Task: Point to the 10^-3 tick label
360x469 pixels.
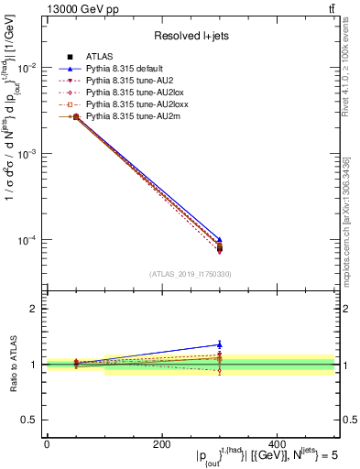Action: click(27, 154)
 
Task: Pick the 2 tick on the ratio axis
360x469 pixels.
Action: click(36, 309)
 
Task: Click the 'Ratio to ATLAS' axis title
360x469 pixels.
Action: click(13, 364)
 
